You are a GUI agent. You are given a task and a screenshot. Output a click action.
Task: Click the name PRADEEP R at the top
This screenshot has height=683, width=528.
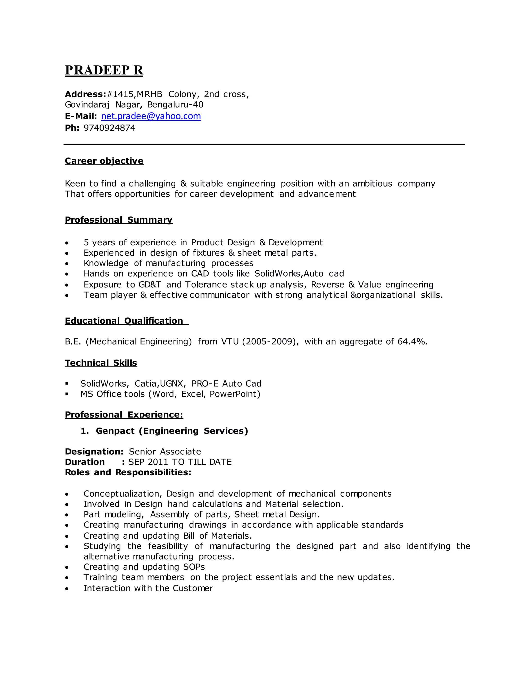pyautogui.click(x=104, y=70)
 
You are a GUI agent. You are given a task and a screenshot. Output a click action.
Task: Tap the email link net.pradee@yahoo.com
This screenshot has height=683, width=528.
pyautogui.click(x=151, y=116)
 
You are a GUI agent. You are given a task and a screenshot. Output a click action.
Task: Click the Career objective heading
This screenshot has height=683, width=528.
pyautogui.click(x=104, y=161)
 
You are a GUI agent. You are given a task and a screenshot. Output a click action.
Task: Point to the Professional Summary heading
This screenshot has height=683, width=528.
pyautogui.click(x=119, y=220)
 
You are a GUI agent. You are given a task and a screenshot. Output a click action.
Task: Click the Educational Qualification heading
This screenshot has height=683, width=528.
pyautogui.click(x=124, y=321)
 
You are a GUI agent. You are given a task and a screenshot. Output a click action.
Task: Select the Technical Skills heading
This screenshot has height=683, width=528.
pyautogui.click(x=101, y=363)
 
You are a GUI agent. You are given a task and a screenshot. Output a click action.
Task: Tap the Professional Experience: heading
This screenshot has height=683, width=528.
pyautogui.click(x=124, y=415)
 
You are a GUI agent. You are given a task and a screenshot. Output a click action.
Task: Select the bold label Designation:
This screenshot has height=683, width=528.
pyautogui.click(x=94, y=452)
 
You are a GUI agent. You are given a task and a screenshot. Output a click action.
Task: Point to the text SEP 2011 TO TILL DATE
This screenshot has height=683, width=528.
pyautogui.click(x=180, y=462)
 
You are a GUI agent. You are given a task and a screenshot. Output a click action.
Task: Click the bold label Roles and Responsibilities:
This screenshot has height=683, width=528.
pyautogui.click(x=128, y=472)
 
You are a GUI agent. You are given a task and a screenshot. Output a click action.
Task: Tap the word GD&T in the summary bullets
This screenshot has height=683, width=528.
pyautogui.click(x=150, y=285)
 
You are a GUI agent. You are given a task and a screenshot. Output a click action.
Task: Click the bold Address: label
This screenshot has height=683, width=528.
pyautogui.click(x=85, y=94)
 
